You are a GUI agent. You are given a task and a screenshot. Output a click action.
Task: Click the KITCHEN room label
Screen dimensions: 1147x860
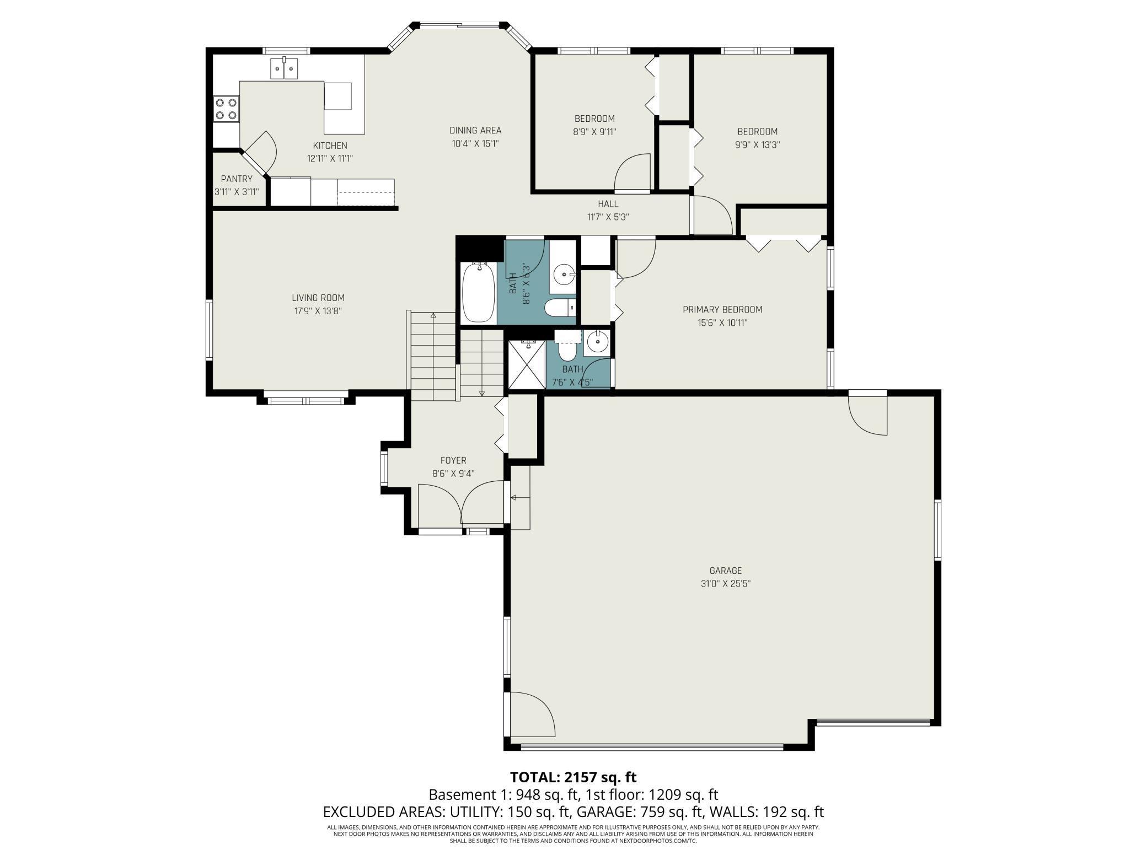(x=330, y=146)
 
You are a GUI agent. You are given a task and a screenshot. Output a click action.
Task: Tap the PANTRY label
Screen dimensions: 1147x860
(x=237, y=179)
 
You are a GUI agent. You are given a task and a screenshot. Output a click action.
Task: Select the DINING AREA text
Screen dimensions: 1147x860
(x=475, y=131)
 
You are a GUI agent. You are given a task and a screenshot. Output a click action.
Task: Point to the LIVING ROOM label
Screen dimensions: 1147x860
(x=318, y=298)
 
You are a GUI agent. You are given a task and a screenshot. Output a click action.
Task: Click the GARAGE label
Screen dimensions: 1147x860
(x=726, y=571)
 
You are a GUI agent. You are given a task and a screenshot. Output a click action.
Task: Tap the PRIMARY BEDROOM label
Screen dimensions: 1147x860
(x=722, y=310)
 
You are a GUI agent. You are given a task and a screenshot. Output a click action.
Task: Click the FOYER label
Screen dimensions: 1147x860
(x=453, y=460)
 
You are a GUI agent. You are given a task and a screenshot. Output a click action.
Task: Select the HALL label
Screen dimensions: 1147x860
(x=608, y=204)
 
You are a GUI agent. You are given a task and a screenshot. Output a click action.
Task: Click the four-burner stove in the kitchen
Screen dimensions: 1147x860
(x=226, y=109)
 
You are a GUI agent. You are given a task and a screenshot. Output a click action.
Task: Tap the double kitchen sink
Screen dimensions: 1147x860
(x=284, y=68)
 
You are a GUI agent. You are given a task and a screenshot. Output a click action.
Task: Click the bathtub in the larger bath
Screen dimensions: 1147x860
(x=478, y=293)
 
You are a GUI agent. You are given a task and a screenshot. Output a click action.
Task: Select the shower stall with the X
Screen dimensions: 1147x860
(x=526, y=364)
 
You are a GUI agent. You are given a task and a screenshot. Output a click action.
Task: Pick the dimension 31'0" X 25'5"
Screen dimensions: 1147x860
(x=726, y=584)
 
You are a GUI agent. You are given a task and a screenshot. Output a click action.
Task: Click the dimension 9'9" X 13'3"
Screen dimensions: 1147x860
(x=758, y=145)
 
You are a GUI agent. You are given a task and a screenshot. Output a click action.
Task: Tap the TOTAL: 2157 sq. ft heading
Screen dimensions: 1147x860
(x=573, y=777)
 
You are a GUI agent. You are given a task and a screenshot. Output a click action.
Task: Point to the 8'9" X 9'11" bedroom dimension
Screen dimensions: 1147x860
(x=594, y=132)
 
